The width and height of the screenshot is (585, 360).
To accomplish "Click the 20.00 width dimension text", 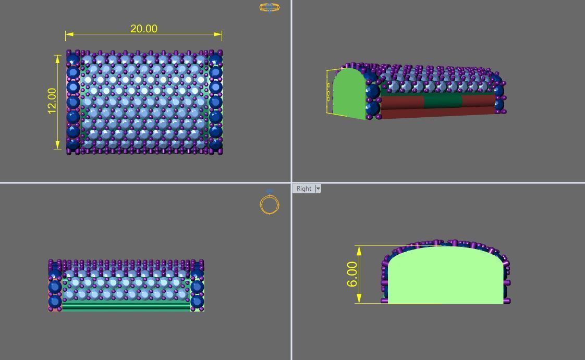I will click(x=144, y=29).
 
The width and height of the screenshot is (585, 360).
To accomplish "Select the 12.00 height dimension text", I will click(x=52, y=101).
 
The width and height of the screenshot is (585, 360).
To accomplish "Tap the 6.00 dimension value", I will click(x=352, y=274).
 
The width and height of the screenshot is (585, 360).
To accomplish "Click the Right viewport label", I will click(x=303, y=189).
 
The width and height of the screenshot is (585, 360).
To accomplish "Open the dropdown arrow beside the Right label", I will click(x=318, y=189).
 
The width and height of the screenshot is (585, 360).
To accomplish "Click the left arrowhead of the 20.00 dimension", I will click(x=69, y=34).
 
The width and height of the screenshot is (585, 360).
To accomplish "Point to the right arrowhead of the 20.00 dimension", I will click(x=218, y=34).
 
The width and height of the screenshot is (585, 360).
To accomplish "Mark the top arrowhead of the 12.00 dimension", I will click(x=58, y=58).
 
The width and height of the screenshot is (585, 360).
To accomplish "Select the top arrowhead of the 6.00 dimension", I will click(x=359, y=250).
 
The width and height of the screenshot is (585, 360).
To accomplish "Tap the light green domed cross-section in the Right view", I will click(x=446, y=276).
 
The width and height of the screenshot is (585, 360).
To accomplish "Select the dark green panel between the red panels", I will click(x=443, y=101).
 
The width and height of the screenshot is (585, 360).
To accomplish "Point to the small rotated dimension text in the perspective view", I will click(x=328, y=92).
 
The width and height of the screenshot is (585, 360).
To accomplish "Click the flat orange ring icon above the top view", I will click(x=270, y=7).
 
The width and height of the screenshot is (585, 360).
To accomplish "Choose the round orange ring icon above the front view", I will click(x=270, y=204).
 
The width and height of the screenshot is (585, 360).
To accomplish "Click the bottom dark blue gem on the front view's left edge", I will click(x=55, y=301).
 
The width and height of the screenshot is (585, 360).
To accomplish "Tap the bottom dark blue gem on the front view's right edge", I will click(x=197, y=301).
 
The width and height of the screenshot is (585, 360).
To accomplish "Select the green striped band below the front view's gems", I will click(x=125, y=307).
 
